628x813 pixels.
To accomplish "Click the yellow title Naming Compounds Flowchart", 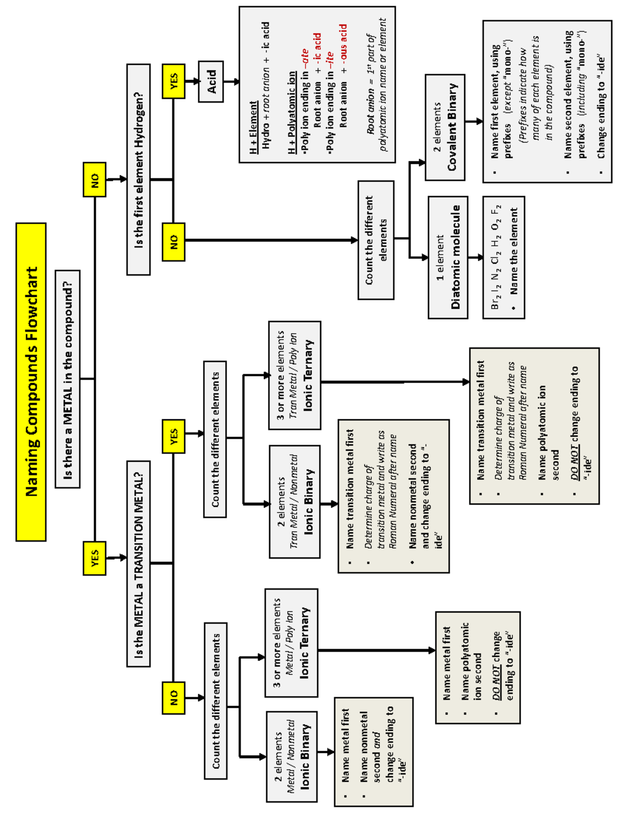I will (31, 382).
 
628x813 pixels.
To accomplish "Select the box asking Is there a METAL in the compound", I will (68, 379).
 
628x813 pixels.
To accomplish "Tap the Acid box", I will (211, 82).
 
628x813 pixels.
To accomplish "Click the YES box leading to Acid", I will (173, 81).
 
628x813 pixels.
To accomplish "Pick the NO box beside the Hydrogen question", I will (173, 241).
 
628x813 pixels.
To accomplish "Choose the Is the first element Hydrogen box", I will (138, 170).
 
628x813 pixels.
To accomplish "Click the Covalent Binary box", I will (445, 127).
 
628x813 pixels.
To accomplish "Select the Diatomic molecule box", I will (448, 257).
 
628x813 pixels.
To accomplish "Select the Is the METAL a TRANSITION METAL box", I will (138, 564).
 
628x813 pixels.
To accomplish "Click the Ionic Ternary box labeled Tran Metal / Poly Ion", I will (295, 375).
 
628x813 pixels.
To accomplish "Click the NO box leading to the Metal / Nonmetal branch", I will (173, 698).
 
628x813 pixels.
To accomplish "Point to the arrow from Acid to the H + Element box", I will (231, 82).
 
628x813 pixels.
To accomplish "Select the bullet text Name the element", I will (514, 251).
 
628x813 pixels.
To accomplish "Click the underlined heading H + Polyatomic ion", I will (292, 113).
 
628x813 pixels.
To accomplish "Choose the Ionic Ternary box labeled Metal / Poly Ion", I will (291, 643).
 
